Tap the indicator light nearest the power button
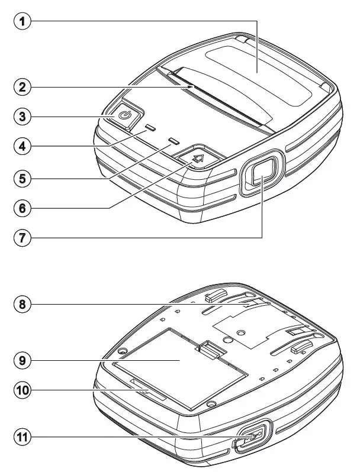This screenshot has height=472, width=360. pyautogui.click(x=150, y=127)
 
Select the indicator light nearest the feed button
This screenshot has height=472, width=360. pyautogui.click(x=173, y=141)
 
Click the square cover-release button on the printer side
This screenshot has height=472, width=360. pyautogui.click(x=258, y=175)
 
